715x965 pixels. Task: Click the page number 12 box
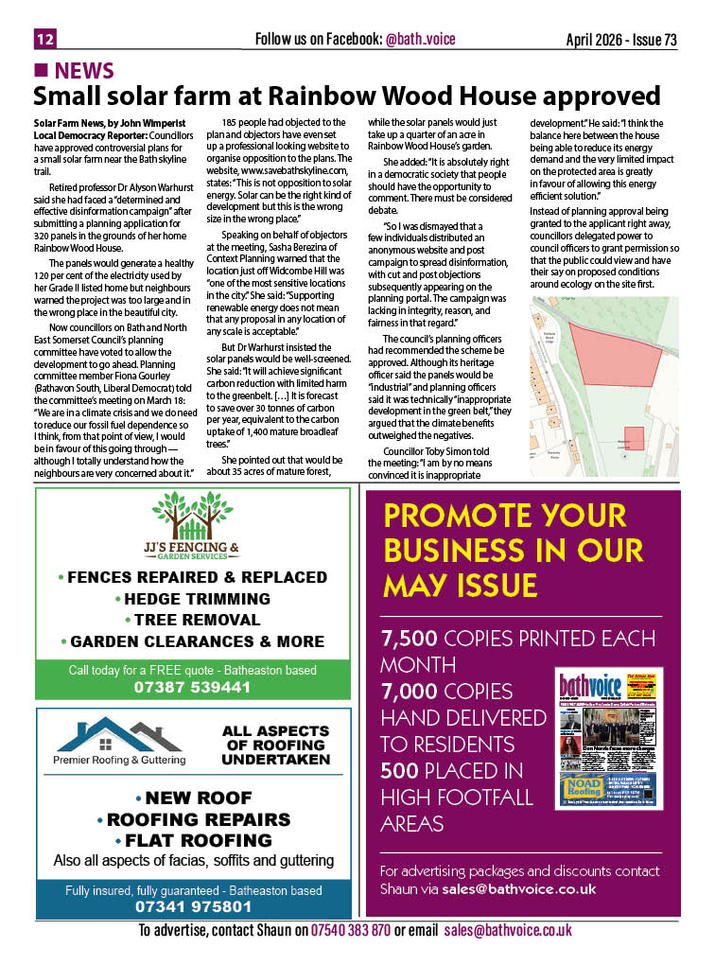click(44, 39)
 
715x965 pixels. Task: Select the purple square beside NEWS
click(41, 71)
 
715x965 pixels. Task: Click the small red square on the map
click(634, 438)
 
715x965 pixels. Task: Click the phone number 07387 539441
click(193, 687)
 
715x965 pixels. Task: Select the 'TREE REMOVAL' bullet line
click(192, 620)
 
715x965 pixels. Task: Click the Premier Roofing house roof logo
click(118, 732)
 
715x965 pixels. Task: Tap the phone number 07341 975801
click(193, 906)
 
